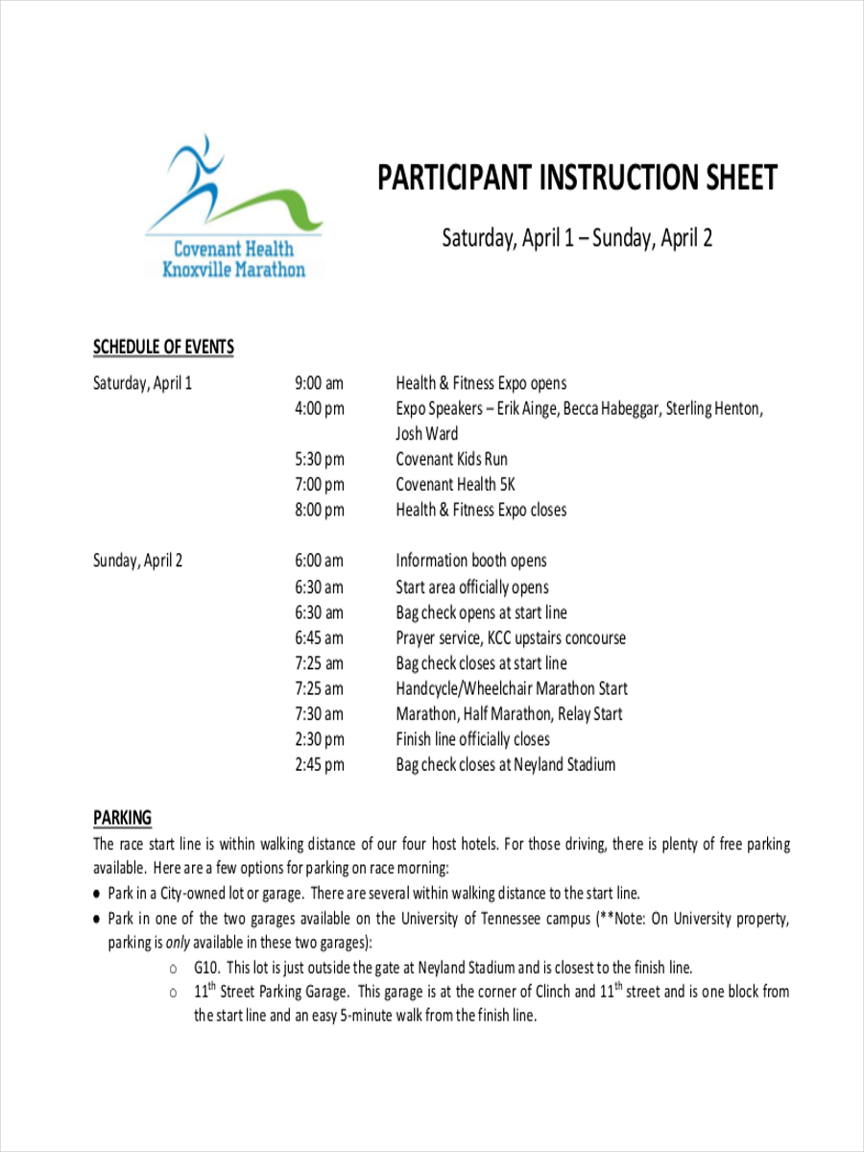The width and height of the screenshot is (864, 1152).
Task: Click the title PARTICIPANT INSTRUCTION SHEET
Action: pyautogui.click(x=576, y=179)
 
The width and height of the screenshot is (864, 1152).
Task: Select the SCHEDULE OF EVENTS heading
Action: pyautogui.click(x=163, y=348)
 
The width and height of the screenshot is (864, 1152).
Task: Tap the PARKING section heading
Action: pyautogui.click(x=122, y=818)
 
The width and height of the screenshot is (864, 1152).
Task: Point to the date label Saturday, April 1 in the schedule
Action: pyautogui.click(x=142, y=383)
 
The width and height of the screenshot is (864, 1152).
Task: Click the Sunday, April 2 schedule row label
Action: pyautogui.click(x=137, y=561)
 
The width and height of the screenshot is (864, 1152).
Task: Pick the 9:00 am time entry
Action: pyautogui.click(x=319, y=383)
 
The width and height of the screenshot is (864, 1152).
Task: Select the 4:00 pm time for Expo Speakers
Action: pyautogui.click(x=319, y=409)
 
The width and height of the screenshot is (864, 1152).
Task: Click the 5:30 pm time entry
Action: pyautogui.click(x=319, y=460)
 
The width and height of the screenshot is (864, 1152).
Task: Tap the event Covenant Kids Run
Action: pyautogui.click(x=451, y=460)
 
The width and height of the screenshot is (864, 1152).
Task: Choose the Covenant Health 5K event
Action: pyautogui.click(x=455, y=485)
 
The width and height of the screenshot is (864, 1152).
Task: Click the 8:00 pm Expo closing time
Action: pyautogui.click(x=319, y=510)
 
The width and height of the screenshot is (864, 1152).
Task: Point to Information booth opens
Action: pyautogui.click(x=470, y=561)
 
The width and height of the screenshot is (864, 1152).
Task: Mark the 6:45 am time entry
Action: pyautogui.click(x=319, y=637)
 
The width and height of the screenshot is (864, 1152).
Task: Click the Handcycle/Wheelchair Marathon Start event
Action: pyautogui.click(x=512, y=688)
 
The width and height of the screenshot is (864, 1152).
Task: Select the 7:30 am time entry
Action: pyautogui.click(x=319, y=714)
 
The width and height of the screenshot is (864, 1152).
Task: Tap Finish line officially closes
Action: pyautogui.click(x=472, y=739)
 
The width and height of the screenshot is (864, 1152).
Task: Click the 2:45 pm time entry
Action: pyautogui.click(x=319, y=765)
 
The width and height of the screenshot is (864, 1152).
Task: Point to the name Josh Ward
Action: pyautogui.click(x=427, y=434)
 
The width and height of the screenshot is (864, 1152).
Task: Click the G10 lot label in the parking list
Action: pyautogui.click(x=206, y=968)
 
